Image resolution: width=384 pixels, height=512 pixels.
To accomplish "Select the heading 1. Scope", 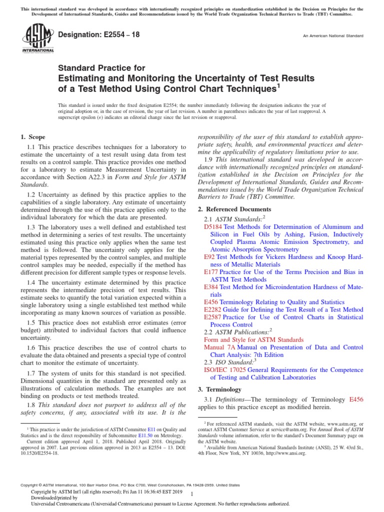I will (x=32, y=137).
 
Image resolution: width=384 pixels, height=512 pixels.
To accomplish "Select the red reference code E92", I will (x=209, y=257).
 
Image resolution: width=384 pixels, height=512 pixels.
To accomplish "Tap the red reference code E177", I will (x=211, y=272).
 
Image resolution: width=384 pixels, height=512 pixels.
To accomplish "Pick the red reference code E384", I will (x=211, y=287).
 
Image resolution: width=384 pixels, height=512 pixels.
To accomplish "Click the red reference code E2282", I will (x=213, y=310).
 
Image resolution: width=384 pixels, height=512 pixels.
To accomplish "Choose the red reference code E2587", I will (x=213, y=317).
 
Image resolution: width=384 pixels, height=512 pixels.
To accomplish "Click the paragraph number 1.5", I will (x=31, y=323).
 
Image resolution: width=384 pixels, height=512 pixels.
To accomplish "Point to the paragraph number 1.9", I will (x=209, y=159).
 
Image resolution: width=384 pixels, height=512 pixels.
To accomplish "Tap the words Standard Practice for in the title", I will (x=102, y=68).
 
